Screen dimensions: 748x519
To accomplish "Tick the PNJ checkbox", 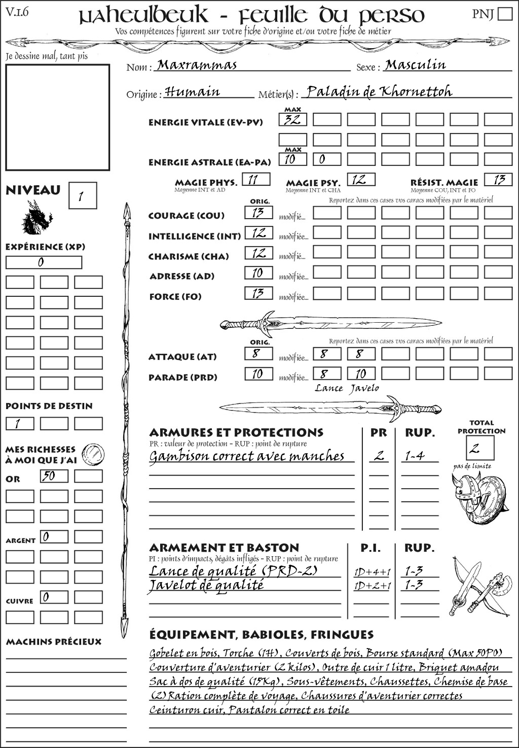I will tap(505, 14).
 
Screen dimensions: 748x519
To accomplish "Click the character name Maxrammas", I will tap(197, 65).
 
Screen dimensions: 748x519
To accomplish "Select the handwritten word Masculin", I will tap(415, 64).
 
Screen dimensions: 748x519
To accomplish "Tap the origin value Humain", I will tap(193, 92).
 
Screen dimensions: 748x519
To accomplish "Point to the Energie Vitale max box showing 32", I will tap(292, 120).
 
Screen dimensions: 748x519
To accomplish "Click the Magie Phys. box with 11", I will tap(256, 179).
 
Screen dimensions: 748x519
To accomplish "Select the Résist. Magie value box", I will tap(498, 179).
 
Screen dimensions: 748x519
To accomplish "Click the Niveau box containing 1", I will tap(82, 196).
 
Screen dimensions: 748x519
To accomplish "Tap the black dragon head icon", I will tap(36, 218).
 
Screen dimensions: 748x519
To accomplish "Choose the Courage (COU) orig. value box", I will tap(258, 213).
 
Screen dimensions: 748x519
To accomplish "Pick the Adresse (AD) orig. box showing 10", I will tap(258, 273).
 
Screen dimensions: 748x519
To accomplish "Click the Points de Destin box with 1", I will tap(20, 423).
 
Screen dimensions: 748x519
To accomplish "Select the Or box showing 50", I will tap(54, 476).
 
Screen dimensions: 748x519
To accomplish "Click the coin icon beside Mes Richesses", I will tap(94, 453).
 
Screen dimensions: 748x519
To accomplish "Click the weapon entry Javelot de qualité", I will tap(206, 585).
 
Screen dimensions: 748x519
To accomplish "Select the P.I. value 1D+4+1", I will tap(372, 572).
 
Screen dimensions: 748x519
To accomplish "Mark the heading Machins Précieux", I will tap(54, 642).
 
